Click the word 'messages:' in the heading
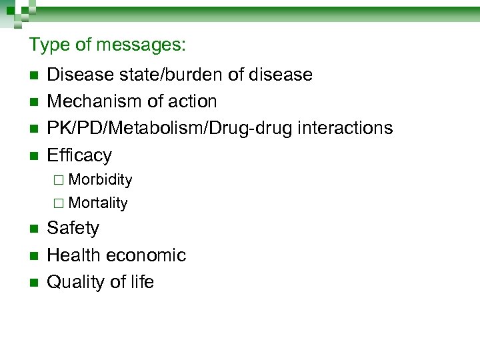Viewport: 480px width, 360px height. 141,45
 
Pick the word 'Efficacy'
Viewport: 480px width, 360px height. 79,155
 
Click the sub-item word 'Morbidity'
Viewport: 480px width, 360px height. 100,179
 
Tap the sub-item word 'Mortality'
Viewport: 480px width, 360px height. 98,203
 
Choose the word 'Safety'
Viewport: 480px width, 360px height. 73,228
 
